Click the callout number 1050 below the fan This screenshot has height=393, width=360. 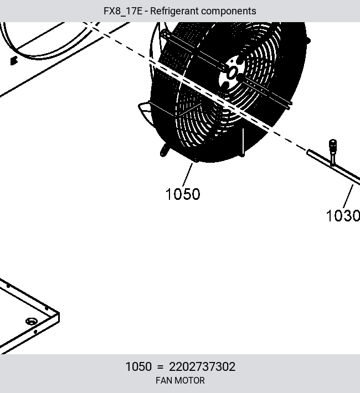(x=183, y=194)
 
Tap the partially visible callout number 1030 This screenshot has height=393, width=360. (x=343, y=216)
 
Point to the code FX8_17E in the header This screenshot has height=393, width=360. (x=123, y=11)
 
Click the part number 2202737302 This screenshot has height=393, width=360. (x=202, y=366)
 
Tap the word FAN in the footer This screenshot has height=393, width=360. (x=163, y=380)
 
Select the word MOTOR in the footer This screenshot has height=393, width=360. (x=188, y=380)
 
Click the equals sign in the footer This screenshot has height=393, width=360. (x=160, y=367)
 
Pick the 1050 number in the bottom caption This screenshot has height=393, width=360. (x=138, y=366)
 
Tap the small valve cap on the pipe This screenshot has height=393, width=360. (x=333, y=145)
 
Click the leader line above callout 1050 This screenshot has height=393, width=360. (x=187, y=175)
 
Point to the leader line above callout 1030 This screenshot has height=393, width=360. (x=348, y=196)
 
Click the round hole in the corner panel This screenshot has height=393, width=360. (x=32, y=321)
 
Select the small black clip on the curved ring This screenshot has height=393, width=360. (x=14, y=61)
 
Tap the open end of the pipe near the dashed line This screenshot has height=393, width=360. (x=308, y=152)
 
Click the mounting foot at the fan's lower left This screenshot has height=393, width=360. (x=164, y=151)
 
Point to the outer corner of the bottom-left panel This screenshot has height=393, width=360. (x=59, y=313)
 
